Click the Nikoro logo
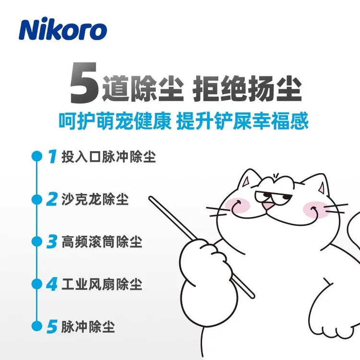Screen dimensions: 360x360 [62, 30]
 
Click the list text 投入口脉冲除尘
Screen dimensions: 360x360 [109, 157]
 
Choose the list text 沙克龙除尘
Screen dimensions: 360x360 [96, 199]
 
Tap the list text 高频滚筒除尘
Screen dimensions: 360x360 [102, 241]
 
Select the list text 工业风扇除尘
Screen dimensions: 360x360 [102, 284]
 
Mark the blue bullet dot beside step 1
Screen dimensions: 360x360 [35, 156]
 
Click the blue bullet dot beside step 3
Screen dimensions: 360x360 [35, 241]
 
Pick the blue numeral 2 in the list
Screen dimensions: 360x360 [52, 199]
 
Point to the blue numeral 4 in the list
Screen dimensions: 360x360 [52, 284]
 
